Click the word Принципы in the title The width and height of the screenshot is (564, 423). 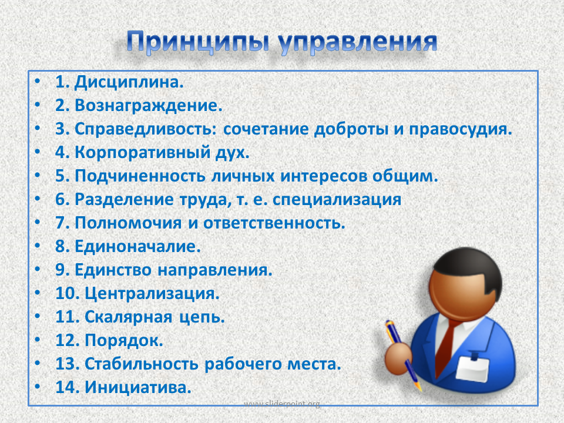click(198, 43)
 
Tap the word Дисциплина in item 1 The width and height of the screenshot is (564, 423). click(129, 82)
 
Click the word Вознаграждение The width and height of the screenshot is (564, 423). click(148, 106)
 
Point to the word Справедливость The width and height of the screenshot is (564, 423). click(146, 129)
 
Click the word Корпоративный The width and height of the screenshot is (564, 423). click(142, 153)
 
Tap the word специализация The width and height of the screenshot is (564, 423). click(337, 200)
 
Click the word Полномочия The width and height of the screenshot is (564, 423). click(128, 223)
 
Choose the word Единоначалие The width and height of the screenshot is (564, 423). click(137, 246)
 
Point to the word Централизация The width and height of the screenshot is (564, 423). click(152, 294)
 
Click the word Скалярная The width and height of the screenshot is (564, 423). click(129, 317)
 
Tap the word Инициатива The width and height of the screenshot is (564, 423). click(137, 387)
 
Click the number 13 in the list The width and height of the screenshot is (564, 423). click(68, 364)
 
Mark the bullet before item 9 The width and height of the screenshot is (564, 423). click(38, 270)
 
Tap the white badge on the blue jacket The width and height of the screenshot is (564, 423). click(472, 368)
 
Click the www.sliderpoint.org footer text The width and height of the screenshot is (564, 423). click(282, 404)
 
